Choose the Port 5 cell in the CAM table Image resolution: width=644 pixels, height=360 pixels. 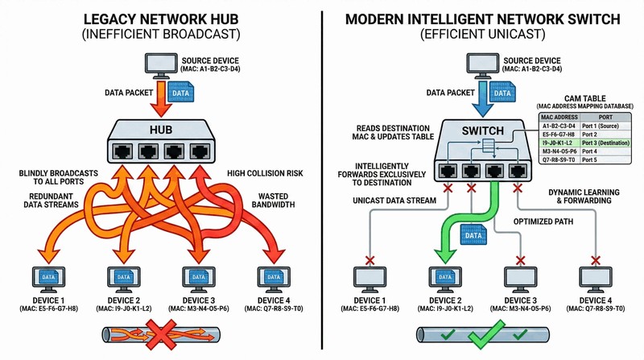click(x=591, y=159)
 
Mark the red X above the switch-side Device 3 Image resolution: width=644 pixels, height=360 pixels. click(x=520, y=260)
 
